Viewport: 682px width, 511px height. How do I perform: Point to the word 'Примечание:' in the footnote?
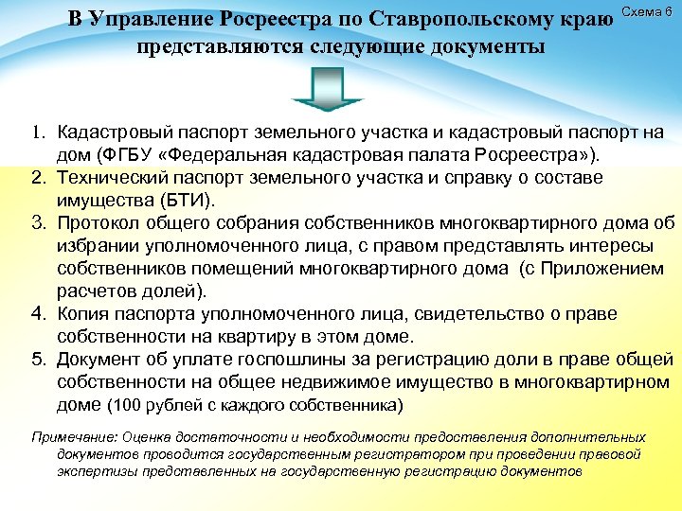point(69,438)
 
